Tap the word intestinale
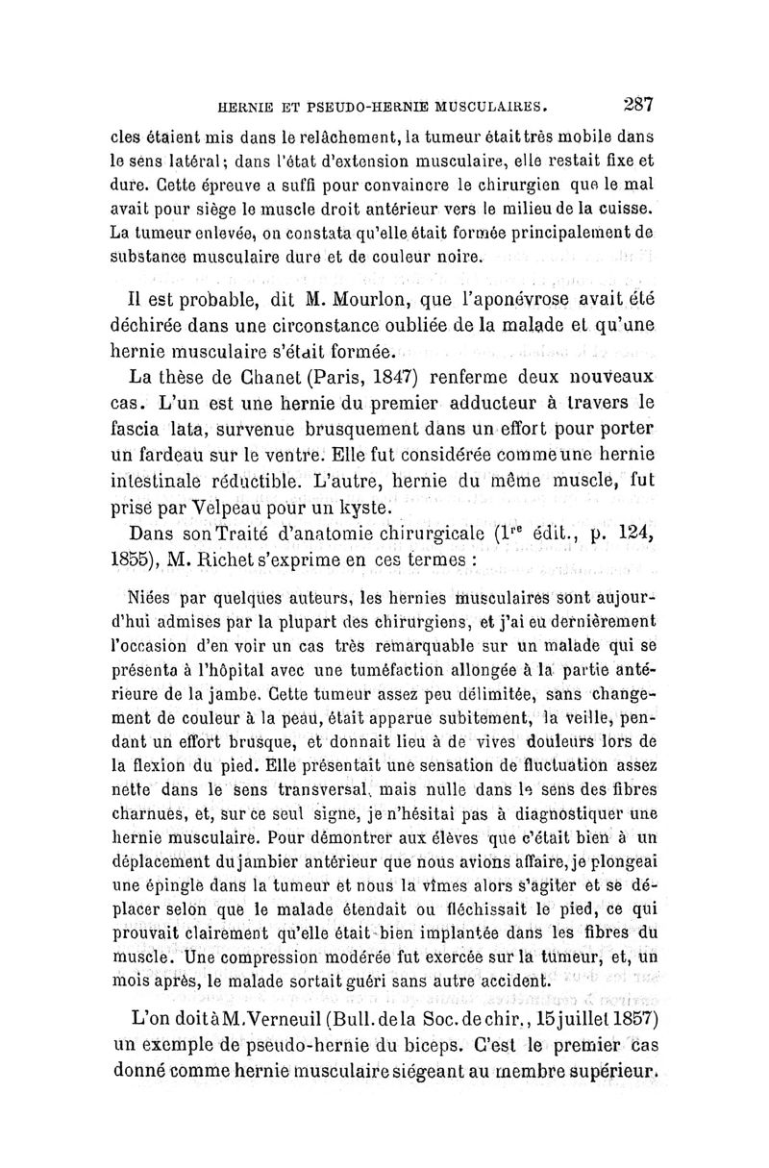(171, 480)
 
